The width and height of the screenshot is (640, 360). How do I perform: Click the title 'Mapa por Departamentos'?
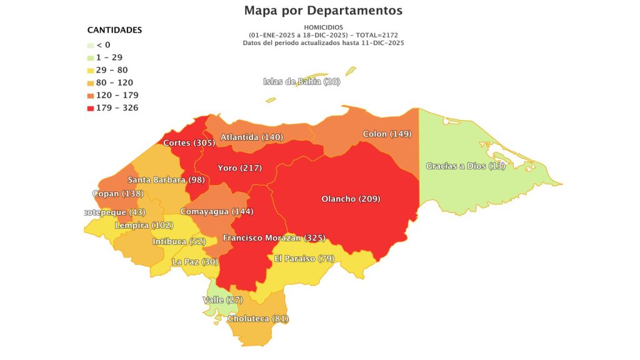(323, 11)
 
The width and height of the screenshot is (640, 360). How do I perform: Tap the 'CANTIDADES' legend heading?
(114, 30)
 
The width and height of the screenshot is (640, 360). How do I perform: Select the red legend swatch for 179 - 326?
(91, 108)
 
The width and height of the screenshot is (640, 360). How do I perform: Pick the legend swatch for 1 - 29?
(91, 57)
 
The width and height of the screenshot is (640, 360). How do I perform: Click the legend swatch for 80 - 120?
(91, 82)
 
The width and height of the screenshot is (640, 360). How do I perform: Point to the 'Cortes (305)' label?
(189, 143)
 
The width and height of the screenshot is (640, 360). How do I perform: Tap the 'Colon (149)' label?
(387, 134)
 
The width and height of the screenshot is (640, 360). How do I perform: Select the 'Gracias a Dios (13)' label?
(465, 166)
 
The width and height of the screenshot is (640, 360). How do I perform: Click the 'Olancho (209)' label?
(351, 199)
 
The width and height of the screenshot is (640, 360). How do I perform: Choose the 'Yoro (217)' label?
(239, 168)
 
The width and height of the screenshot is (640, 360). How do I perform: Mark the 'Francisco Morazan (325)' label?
(274, 238)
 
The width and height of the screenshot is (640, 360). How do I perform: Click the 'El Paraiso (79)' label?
(304, 259)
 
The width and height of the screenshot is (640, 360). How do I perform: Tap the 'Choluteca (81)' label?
(258, 319)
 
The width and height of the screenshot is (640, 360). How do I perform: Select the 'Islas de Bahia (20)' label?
(301, 81)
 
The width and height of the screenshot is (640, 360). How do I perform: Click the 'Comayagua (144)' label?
(216, 212)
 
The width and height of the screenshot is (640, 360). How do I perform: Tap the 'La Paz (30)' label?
(195, 262)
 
